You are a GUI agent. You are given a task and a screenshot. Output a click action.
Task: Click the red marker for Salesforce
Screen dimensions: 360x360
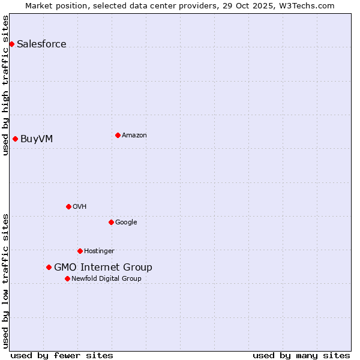click(x=11, y=44)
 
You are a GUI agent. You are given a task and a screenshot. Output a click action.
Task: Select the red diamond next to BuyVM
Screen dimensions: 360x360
click(x=15, y=139)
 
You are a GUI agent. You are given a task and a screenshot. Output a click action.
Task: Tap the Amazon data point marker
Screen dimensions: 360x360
click(x=118, y=135)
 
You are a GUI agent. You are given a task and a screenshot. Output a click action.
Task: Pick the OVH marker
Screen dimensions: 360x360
click(x=68, y=206)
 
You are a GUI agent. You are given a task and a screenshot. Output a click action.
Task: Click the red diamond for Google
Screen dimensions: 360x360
click(x=111, y=222)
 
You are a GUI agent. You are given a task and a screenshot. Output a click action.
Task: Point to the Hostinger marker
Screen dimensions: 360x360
click(x=80, y=251)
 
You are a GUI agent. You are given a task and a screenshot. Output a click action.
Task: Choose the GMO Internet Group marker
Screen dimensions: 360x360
click(x=49, y=267)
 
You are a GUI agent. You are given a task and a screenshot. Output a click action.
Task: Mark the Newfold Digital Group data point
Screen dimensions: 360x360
click(x=67, y=278)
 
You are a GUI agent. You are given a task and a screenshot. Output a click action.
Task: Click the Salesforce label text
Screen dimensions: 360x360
click(x=41, y=44)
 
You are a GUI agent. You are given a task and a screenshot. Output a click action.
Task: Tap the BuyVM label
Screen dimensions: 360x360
click(x=37, y=139)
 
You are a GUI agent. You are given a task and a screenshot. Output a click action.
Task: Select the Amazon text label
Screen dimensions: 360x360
click(x=134, y=135)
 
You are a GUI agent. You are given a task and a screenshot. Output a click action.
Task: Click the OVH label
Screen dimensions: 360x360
click(x=80, y=206)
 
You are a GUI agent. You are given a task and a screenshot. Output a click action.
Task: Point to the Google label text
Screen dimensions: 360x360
click(x=126, y=222)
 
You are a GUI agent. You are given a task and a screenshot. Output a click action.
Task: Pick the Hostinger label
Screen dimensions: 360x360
click(x=99, y=251)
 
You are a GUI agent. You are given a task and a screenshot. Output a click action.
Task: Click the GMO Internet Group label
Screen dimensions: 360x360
click(x=103, y=267)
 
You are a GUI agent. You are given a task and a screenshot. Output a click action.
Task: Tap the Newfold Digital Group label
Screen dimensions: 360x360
click(x=106, y=278)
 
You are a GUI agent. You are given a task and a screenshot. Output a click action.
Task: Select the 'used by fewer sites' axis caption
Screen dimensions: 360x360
click(x=62, y=355)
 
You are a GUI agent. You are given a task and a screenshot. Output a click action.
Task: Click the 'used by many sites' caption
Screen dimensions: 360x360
click(x=301, y=355)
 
